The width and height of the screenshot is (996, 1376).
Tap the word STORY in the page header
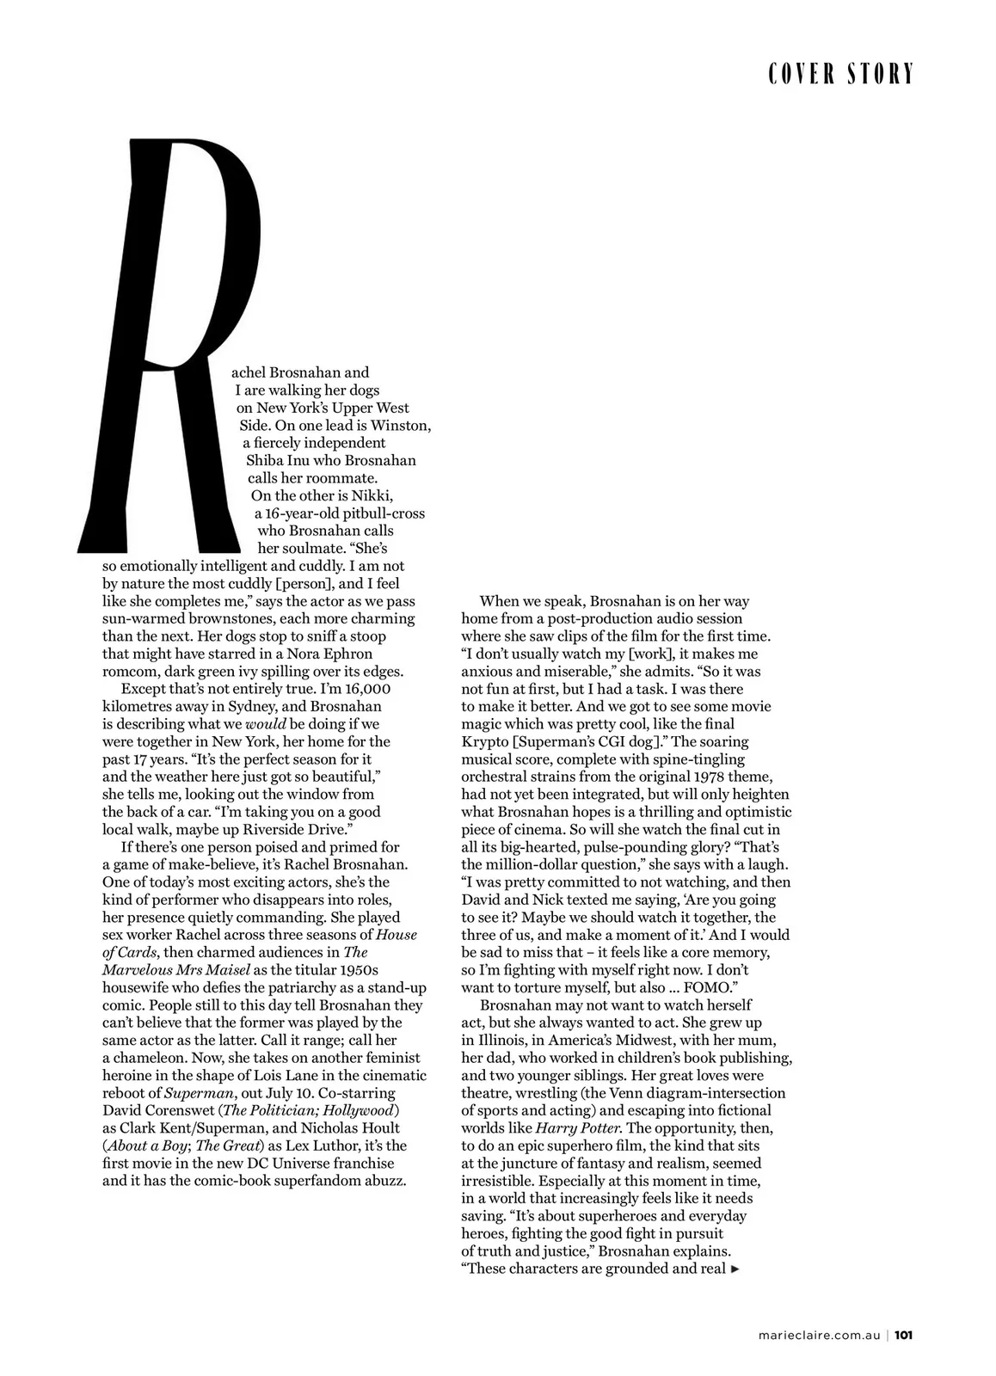(880, 75)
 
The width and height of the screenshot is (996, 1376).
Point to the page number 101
(903, 1336)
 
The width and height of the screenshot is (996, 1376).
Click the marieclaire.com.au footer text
(820, 1336)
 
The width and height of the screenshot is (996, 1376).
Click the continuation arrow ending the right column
(735, 1268)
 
